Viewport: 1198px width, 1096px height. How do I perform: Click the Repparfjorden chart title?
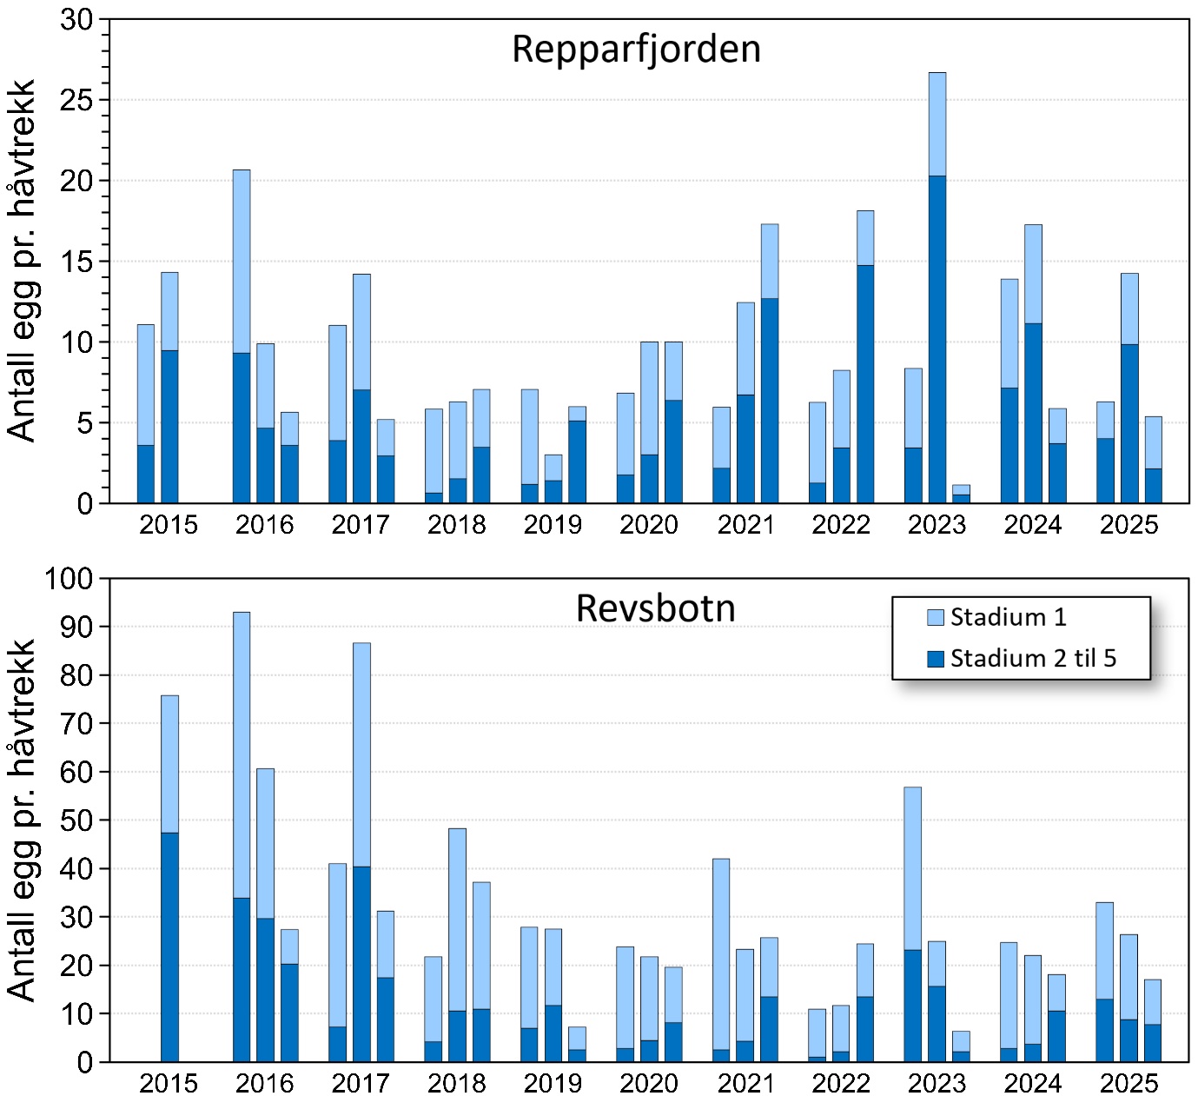click(x=636, y=50)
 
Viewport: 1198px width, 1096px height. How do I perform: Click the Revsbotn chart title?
click(x=655, y=608)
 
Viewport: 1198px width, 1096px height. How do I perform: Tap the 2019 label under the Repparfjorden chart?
click(x=553, y=525)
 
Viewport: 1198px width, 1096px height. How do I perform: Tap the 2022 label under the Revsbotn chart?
click(x=841, y=1083)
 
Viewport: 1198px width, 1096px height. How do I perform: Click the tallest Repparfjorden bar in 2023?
click(x=937, y=287)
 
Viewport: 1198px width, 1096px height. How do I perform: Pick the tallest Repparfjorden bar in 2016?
click(x=242, y=336)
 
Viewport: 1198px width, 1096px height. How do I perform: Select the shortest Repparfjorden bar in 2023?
click(x=961, y=495)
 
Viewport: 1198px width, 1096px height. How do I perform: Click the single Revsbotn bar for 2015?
click(x=169, y=878)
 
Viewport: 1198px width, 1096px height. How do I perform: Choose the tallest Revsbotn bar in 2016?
click(x=242, y=836)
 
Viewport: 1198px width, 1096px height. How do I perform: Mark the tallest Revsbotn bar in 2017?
click(x=361, y=852)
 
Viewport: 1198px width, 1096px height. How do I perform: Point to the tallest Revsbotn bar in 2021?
click(x=721, y=960)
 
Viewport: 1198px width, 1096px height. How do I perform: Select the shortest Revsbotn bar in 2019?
click(x=577, y=1044)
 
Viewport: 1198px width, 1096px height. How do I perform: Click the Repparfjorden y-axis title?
click(x=21, y=261)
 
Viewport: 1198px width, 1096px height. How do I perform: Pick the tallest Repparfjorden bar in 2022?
click(x=865, y=356)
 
